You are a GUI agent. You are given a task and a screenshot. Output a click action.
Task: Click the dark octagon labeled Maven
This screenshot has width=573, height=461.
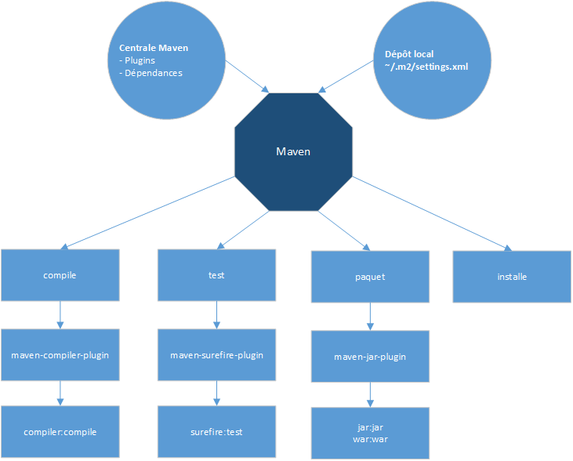(294, 151)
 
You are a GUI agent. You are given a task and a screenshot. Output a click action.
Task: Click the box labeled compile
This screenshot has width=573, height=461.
(60, 276)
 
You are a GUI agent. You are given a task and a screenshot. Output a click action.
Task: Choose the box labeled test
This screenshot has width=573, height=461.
(216, 275)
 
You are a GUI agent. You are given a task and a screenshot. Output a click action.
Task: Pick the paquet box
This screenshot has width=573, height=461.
(370, 277)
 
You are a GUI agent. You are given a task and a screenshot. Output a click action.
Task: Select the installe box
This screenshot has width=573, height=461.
(512, 277)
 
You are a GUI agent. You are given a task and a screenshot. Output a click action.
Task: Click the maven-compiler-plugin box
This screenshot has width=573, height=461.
(60, 355)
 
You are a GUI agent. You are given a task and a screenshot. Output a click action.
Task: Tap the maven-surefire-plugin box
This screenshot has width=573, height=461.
(216, 355)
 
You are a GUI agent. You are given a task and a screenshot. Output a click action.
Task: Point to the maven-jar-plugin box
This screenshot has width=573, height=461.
(370, 357)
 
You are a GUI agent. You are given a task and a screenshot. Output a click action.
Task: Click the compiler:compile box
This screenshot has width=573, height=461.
(60, 432)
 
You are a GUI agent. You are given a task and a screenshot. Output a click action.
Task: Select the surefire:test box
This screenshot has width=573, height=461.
(216, 432)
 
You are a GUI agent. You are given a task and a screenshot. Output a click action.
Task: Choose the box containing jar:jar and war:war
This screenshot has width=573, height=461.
(370, 434)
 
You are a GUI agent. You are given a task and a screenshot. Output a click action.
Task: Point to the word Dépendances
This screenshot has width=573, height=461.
(153, 73)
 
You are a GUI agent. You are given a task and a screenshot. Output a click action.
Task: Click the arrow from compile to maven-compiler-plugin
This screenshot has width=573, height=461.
(60, 315)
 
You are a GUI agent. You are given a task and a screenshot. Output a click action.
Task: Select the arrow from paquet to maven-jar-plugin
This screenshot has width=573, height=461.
(370, 316)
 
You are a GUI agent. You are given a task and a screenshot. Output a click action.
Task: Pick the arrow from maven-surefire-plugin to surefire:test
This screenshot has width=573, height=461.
(216, 394)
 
